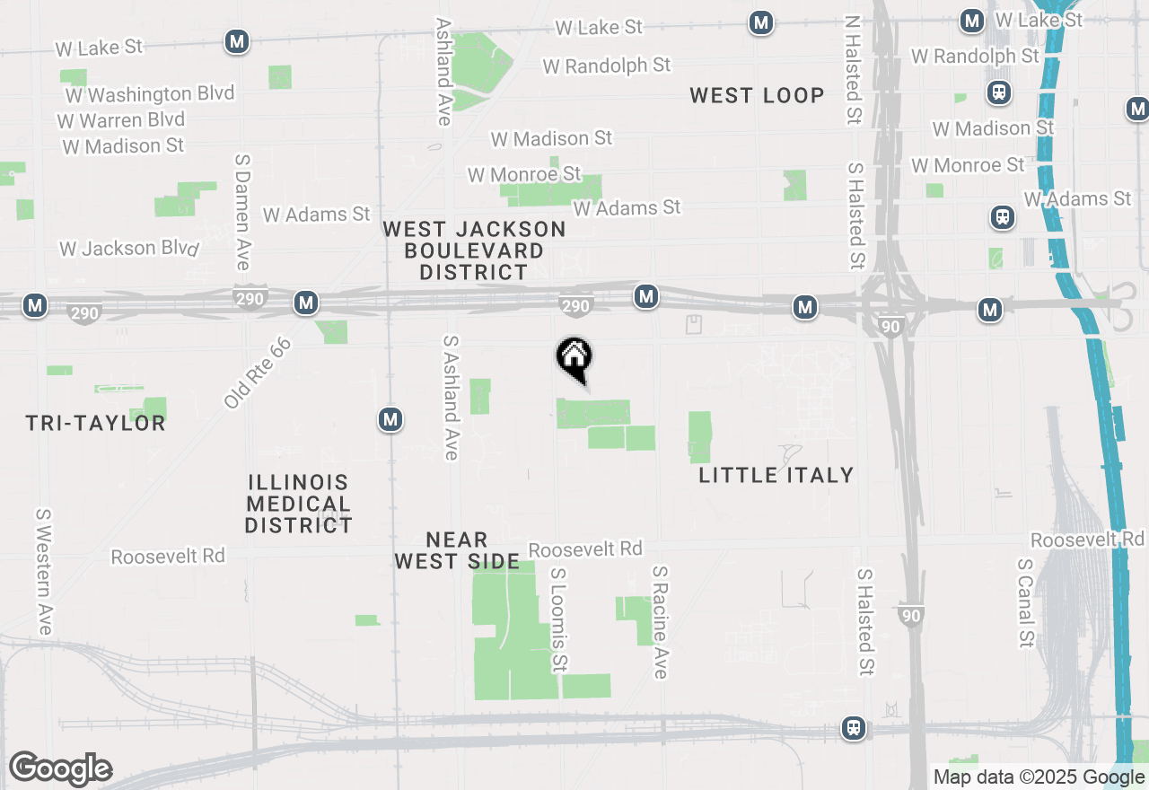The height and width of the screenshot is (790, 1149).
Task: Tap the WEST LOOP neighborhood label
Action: click(x=757, y=95)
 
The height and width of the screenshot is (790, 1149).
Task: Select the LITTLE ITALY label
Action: click(x=776, y=475)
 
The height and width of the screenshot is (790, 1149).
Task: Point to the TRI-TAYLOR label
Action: click(x=95, y=423)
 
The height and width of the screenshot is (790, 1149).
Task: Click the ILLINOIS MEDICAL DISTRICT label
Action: click(x=298, y=504)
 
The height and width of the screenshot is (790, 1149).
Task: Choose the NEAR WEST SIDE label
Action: click(x=457, y=550)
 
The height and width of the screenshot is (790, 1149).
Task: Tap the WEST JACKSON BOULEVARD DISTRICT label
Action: click(x=474, y=250)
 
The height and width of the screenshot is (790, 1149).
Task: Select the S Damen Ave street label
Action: click(x=241, y=212)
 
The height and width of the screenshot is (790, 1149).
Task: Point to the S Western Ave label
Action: click(x=43, y=572)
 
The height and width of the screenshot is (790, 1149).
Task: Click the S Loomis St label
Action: click(x=559, y=619)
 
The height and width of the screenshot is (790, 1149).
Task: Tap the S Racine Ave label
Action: click(x=661, y=621)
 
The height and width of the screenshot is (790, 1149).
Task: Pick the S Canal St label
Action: click(x=1026, y=602)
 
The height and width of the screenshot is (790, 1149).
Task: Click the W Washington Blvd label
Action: click(x=149, y=94)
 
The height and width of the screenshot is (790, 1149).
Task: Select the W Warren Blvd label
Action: click(x=121, y=119)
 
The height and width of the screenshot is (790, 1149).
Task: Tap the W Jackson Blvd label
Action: click(x=128, y=248)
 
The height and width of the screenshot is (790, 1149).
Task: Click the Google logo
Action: click(x=60, y=769)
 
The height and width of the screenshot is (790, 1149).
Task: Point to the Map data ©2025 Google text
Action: click(x=1039, y=777)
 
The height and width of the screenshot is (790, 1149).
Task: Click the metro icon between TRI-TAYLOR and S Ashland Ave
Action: click(x=390, y=419)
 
